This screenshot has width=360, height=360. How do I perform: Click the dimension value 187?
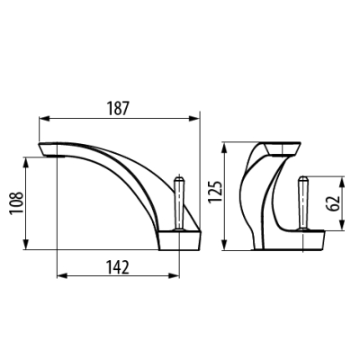click(x=118, y=108)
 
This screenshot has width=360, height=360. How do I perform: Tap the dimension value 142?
click(x=118, y=267)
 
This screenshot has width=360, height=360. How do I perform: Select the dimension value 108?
click(x=16, y=202)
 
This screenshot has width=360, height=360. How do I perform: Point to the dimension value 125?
click(x=215, y=192)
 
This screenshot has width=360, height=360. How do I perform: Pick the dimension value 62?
click(x=333, y=203)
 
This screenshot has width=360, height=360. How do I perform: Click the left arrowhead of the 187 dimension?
click(x=44, y=119)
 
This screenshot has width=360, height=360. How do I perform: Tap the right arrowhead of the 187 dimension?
click(x=194, y=119)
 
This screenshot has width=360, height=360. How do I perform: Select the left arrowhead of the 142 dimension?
click(x=62, y=275)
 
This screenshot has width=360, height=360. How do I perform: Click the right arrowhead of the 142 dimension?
click(x=175, y=275)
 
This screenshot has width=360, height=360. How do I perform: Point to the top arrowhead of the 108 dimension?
click(x=26, y=162)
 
